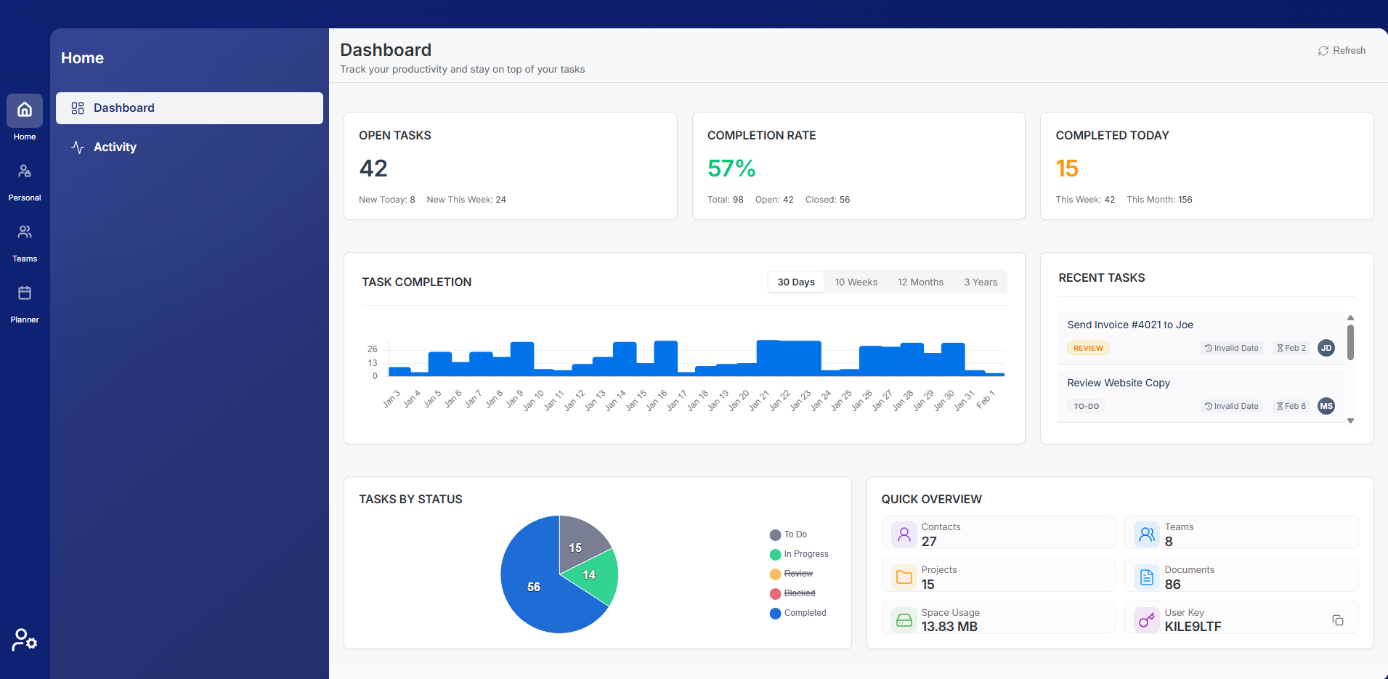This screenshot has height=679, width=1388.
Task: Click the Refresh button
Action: (x=1342, y=51)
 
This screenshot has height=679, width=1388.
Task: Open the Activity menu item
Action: (x=115, y=147)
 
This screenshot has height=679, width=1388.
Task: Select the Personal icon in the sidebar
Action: (x=25, y=171)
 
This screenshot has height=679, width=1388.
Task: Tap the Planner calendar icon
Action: (x=25, y=293)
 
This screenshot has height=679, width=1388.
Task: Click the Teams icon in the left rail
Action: (x=25, y=232)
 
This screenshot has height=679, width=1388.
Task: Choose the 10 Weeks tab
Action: (x=856, y=282)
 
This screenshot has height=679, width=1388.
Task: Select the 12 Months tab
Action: (x=920, y=282)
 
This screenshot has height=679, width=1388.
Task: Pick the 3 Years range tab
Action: (x=980, y=282)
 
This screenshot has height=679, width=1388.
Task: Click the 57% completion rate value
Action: (x=731, y=168)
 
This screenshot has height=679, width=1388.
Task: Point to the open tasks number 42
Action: (x=373, y=168)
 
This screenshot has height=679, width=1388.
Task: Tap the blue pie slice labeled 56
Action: (x=534, y=587)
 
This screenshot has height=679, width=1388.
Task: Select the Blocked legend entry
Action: (x=799, y=593)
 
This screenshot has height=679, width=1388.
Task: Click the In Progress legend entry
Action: (x=805, y=554)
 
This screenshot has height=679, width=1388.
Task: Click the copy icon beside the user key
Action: (x=1337, y=620)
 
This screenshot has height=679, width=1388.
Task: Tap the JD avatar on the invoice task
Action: (x=1326, y=348)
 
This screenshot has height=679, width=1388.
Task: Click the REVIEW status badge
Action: (x=1087, y=349)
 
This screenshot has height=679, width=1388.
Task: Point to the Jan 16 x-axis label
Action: (x=657, y=400)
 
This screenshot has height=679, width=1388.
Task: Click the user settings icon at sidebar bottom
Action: (x=25, y=640)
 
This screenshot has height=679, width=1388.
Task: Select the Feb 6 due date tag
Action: (x=1291, y=406)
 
